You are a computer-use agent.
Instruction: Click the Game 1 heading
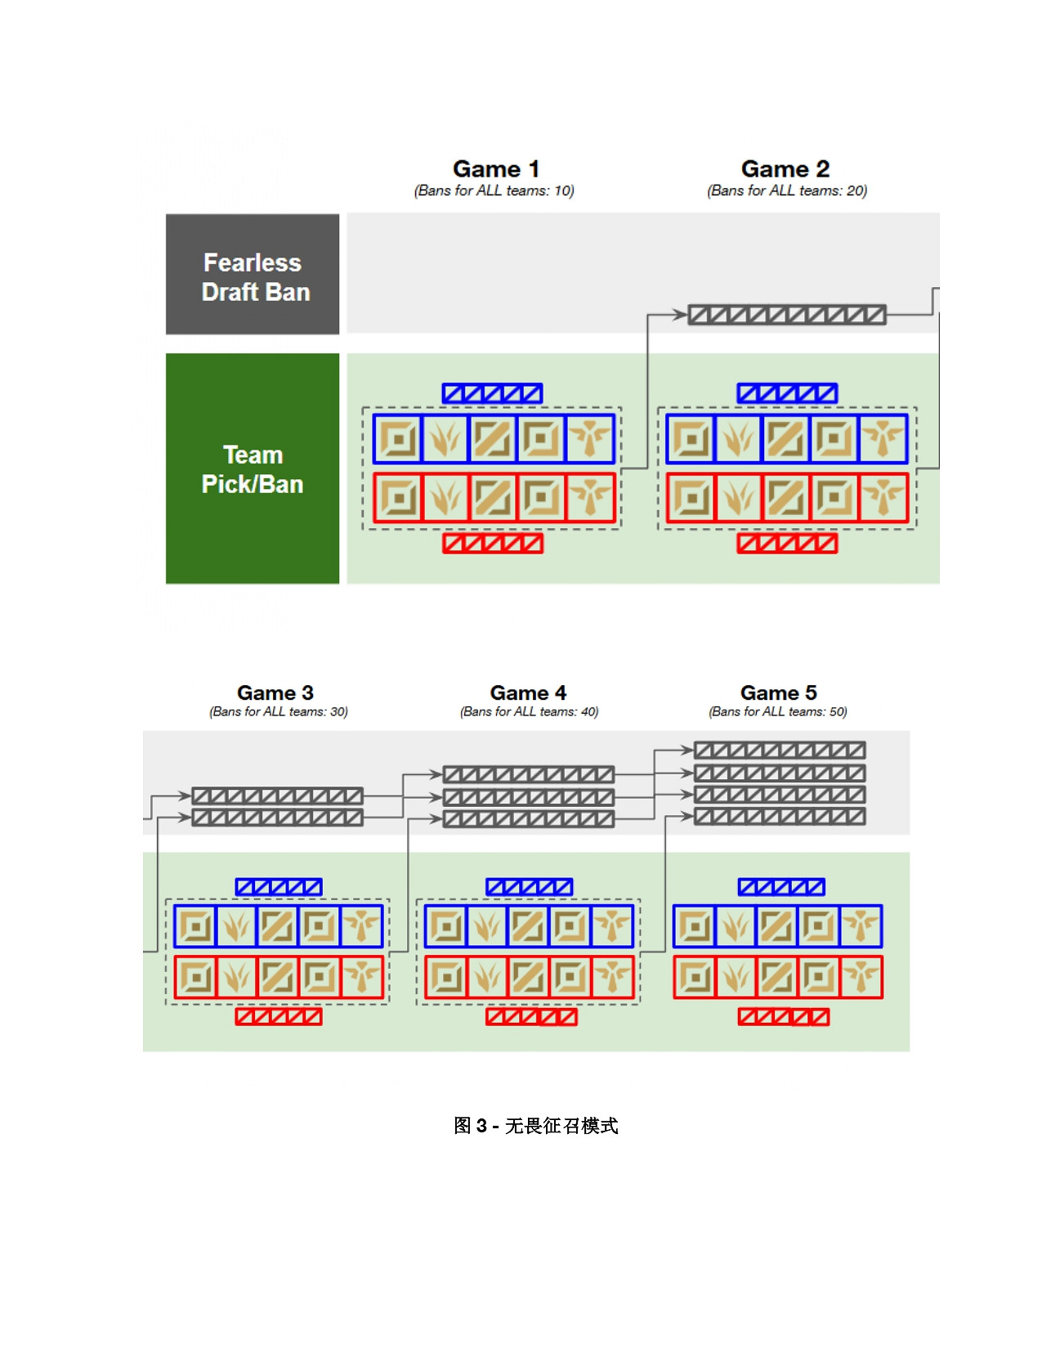point(495,169)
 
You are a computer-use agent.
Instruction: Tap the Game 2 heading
point(785,169)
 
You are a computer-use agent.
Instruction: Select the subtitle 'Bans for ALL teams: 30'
point(279,711)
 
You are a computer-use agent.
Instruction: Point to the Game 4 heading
point(528,692)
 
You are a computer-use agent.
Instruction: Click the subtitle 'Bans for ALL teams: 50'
point(778,711)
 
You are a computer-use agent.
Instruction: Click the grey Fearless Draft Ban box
point(253,275)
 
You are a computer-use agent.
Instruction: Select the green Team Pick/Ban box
point(253,468)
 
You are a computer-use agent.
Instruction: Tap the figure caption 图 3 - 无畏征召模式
point(535,1126)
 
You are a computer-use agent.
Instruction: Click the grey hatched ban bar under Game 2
point(786,315)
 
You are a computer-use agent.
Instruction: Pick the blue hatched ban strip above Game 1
point(492,393)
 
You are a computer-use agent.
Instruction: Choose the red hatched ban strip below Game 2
point(787,543)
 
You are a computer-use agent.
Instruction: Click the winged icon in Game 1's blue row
point(590,439)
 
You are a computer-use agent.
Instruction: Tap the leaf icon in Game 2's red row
point(739,497)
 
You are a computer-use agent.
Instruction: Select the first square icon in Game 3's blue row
point(195,926)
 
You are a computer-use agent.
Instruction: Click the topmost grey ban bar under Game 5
point(779,751)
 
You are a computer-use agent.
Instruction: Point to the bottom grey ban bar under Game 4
point(528,818)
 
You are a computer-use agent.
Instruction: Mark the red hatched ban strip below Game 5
point(783,1016)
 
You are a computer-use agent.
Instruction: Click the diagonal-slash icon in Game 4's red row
point(528,976)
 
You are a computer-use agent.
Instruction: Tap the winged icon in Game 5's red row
point(861,976)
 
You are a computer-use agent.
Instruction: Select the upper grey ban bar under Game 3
point(277,796)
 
